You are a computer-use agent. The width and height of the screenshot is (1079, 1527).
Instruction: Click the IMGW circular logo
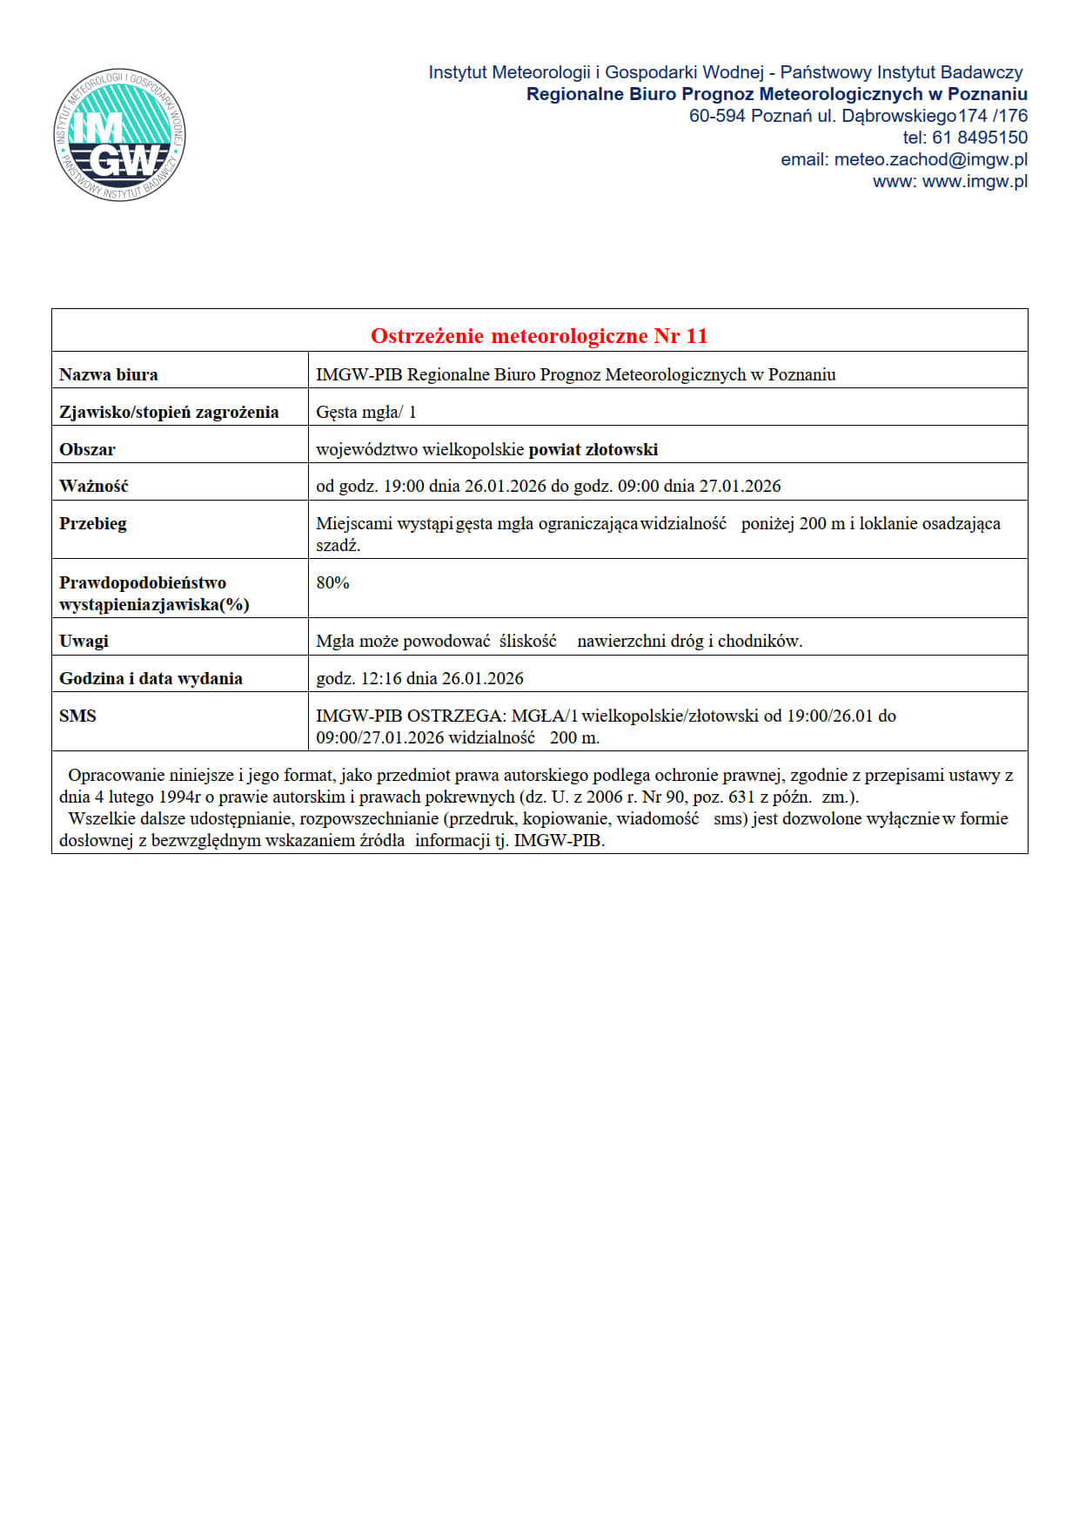coord(119,135)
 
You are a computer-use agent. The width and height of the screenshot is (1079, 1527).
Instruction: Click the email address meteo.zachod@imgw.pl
coord(930,159)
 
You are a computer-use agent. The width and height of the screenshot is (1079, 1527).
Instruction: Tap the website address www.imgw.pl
coord(975,181)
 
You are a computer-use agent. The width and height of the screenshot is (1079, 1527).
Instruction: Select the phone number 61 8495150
coord(979,138)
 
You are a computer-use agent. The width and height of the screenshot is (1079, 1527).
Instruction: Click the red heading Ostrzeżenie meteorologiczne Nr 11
coord(539,335)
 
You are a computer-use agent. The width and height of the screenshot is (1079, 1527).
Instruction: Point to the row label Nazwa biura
coord(109,374)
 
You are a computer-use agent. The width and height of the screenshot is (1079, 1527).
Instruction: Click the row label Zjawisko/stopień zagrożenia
coord(169,412)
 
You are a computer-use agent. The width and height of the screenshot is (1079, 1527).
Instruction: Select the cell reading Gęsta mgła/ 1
coord(366,412)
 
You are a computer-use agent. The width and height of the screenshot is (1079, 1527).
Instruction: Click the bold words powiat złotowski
coord(593,449)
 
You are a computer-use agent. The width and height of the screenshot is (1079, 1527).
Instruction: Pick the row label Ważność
coord(93,486)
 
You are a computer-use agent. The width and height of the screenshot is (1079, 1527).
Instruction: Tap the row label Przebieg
coord(93,523)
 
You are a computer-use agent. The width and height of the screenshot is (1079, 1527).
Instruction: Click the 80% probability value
coord(332,582)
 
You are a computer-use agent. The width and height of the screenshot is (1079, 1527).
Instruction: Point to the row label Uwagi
coord(84,641)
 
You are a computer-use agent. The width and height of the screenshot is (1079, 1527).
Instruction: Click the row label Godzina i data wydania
coord(151,678)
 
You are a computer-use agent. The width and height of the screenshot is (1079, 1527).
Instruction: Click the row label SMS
coord(77,716)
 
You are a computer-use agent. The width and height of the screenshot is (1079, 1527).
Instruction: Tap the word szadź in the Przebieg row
coord(337,546)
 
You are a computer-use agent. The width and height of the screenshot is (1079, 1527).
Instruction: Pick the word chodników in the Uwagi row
coord(759,641)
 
